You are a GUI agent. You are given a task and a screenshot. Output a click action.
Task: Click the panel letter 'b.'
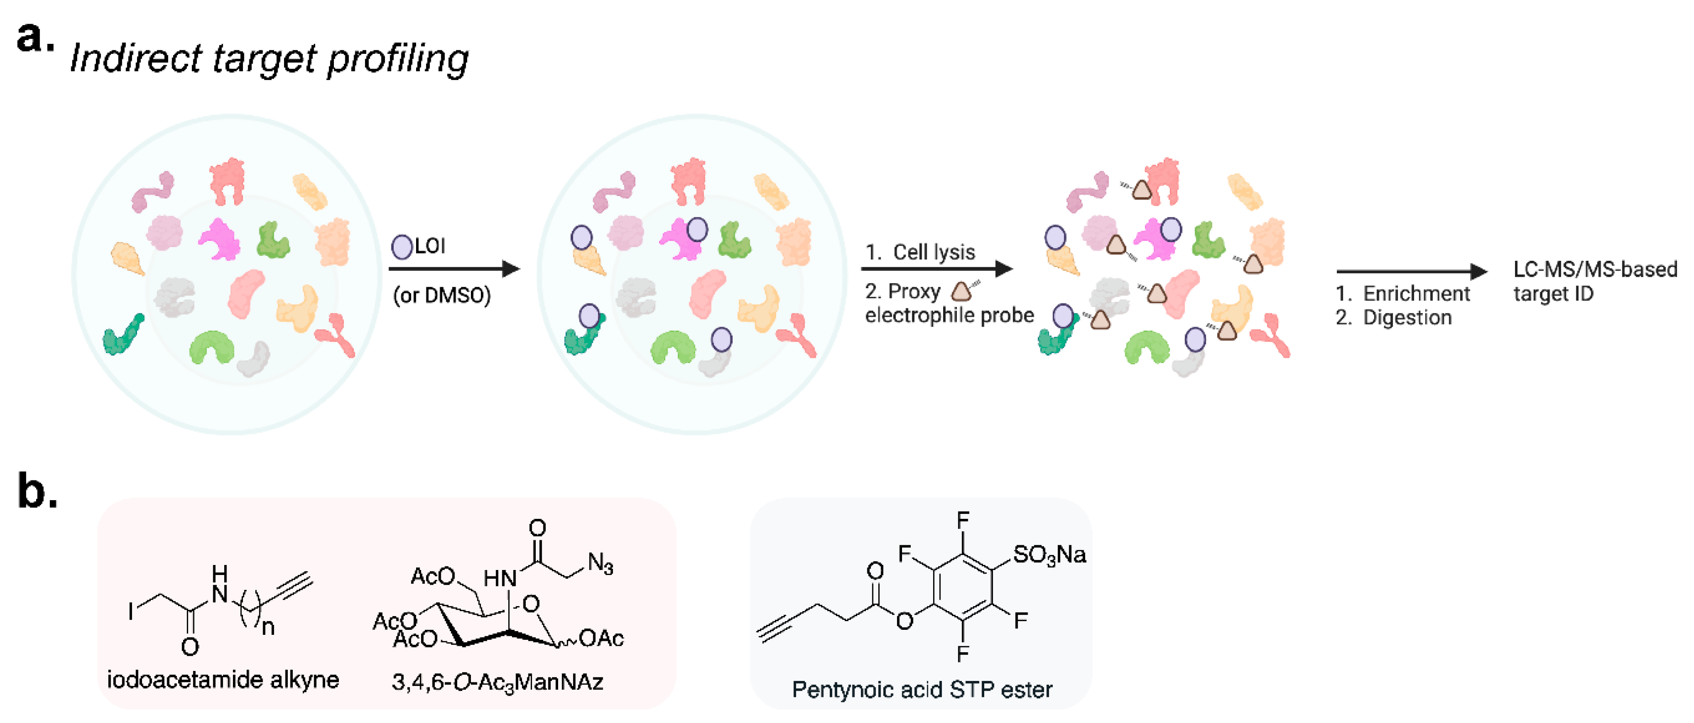(x=37, y=492)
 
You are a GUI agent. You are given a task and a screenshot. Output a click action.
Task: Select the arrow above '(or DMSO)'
(x=454, y=269)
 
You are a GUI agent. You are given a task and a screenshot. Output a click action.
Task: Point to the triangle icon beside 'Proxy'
(x=961, y=291)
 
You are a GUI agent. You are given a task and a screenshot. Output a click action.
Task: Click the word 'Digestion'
(x=1407, y=318)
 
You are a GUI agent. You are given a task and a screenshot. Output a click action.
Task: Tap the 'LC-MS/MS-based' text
(x=1595, y=269)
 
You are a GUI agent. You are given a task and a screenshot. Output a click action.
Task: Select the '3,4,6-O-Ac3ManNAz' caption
(x=497, y=682)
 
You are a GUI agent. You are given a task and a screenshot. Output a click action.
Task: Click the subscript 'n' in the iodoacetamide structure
(x=268, y=628)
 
